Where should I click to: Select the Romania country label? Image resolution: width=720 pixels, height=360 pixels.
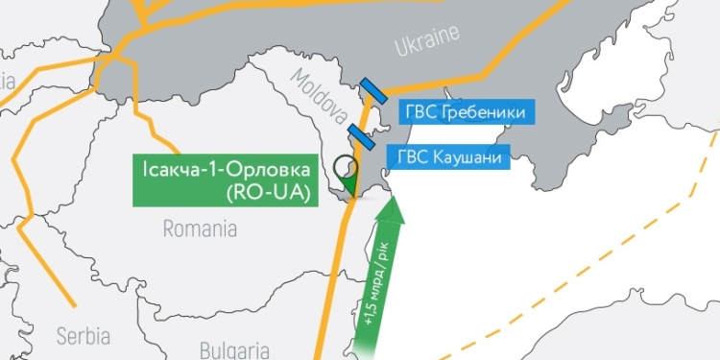(200, 229)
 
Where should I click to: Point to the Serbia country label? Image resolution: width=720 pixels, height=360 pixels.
(83, 336)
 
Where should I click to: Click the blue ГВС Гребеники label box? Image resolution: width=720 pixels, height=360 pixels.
(462, 113)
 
